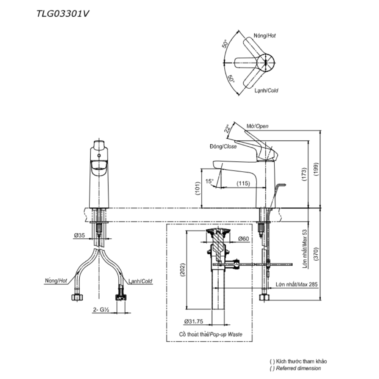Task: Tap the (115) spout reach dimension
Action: click(x=243, y=184)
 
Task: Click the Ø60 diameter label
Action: click(x=244, y=239)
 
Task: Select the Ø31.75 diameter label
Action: click(x=194, y=321)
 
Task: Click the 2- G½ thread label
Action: click(x=101, y=310)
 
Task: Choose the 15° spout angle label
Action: click(x=210, y=181)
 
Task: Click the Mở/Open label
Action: click(x=258, y=126)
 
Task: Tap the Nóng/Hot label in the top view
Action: click(x=265, y=36)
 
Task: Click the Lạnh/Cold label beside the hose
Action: click(x=140, y=281)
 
